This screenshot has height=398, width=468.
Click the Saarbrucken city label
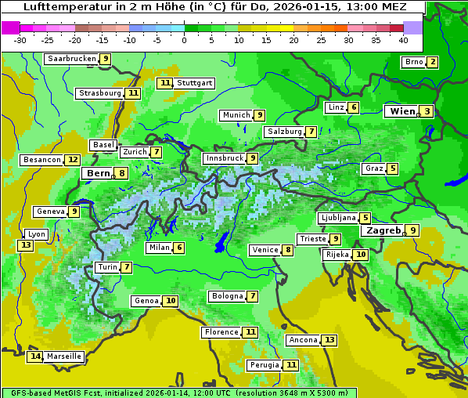pyautogui.click(x=71, y=59)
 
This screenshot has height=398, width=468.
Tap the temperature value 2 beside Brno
pyautogui.click(x=432, y=63)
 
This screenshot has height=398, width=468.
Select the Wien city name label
pyautogui.click(x=402, y=111)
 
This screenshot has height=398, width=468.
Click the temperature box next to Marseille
pyautogui.click(x=35, y=356)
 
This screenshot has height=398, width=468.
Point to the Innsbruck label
pyautogui.click(x=224, y=158)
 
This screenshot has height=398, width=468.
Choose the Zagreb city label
pyautogui.click(x=383, y=230)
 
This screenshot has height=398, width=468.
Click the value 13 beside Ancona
pyautogui.click(x=329, y=340)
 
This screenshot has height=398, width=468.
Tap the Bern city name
pyautogui.click(x=99, y=173)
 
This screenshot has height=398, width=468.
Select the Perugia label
pyautogui.click(x=263, y=365)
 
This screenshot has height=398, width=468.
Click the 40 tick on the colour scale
pyautogui.click(x=403, y=40)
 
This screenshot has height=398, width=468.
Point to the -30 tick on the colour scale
pyautogui.click(x=20, y=40)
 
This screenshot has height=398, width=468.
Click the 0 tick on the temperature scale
pyautogui.click(x=184, y=40)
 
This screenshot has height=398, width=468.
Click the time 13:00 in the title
pyautogui.click(x=351, y=7)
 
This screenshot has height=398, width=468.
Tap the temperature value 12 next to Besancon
pyautogui.click(x=73, y=160)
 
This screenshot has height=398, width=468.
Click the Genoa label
pyautogui.click(x=146, y=301)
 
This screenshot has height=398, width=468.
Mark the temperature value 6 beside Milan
pyautogui.click(x=179, y=248)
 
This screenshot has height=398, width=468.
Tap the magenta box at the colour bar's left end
pyautogui.click(x=10, y=27)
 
